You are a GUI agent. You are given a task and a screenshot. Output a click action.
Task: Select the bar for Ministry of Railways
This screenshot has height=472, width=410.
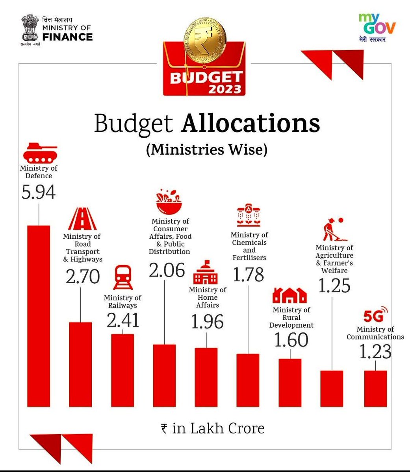click(122, 370)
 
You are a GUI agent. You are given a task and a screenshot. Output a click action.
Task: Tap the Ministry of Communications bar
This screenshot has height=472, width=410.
click(375, 388)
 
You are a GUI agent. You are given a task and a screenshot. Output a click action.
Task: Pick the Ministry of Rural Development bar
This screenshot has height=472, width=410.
click(290, 382)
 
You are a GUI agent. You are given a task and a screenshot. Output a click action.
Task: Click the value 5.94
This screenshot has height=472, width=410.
click(39, 192)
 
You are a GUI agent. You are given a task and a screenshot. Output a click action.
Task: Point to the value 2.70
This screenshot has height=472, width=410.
click(83, 277)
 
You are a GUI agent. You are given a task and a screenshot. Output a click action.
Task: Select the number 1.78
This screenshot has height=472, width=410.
click(248, 274)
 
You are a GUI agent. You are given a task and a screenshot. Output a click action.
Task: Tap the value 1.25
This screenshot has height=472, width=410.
click(334, 286)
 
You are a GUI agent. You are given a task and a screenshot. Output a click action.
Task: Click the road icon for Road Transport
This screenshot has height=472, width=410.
click(82, 219)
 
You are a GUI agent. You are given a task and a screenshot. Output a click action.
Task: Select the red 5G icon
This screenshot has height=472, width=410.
click(375, 315)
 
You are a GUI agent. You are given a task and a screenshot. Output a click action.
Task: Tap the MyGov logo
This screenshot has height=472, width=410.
click(377, 28)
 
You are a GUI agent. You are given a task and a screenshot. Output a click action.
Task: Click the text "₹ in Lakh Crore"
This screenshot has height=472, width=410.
click(213, 428)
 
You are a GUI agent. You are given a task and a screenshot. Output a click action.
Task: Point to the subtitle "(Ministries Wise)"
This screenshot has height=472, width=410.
click(206, 150)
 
